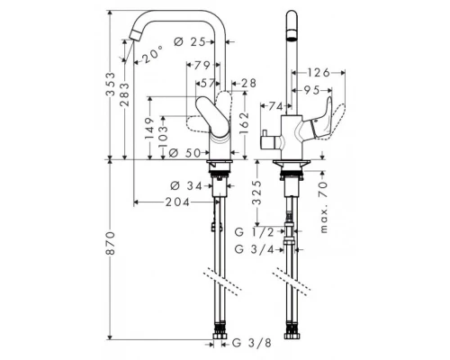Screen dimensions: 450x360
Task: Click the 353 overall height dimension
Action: (x=111, y=84)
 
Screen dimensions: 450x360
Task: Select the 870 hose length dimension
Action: (x=111, y=243)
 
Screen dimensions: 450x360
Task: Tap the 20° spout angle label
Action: (x=153, y=54)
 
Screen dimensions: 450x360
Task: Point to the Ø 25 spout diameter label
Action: (x=189, y=41)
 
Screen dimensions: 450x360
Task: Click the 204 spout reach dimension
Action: (x=177, y=202)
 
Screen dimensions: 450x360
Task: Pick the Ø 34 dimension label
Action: (x=186, y=186)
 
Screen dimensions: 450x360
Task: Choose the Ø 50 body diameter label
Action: (x=184, y=153)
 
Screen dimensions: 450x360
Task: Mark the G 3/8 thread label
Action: (x=252, y=343)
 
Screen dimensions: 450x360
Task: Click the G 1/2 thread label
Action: (x=255, y=231)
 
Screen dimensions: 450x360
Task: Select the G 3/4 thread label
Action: (x=255, y=249)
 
